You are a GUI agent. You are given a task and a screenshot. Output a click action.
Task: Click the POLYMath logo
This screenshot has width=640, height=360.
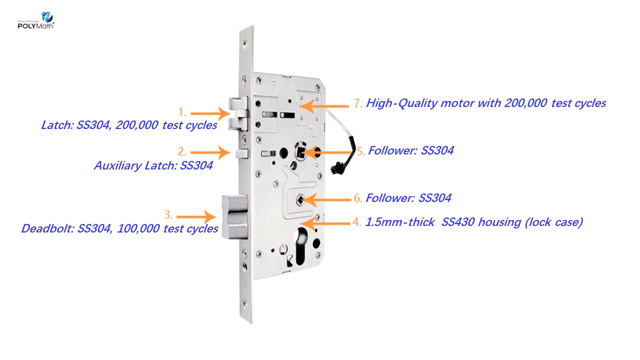(36, 20)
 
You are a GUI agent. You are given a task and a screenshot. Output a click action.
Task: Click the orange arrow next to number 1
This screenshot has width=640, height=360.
(210, 113)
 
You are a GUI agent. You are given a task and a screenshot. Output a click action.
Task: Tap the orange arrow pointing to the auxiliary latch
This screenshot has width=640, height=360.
(210, 152)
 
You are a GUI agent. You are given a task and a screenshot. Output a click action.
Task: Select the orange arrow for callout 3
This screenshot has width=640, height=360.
(196, 217)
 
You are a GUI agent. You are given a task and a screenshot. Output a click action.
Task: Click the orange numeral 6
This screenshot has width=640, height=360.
(357, 198)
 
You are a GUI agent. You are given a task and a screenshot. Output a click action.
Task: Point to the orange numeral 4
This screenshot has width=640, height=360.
(356, 222)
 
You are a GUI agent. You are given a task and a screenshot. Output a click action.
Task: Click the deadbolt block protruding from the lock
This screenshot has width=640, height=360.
(235, 217)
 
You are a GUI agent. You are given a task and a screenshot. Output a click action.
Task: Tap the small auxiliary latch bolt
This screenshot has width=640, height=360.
(241, 153)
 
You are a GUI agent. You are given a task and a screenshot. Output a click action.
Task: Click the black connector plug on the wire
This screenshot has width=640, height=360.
(337, 168)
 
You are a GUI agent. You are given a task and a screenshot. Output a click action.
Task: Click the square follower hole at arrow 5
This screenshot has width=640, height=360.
(300, 151)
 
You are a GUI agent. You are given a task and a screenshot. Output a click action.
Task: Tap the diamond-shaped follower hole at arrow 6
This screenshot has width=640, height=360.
(300, 200)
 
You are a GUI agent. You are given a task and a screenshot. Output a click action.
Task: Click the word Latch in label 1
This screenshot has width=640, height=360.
(57, 125)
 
